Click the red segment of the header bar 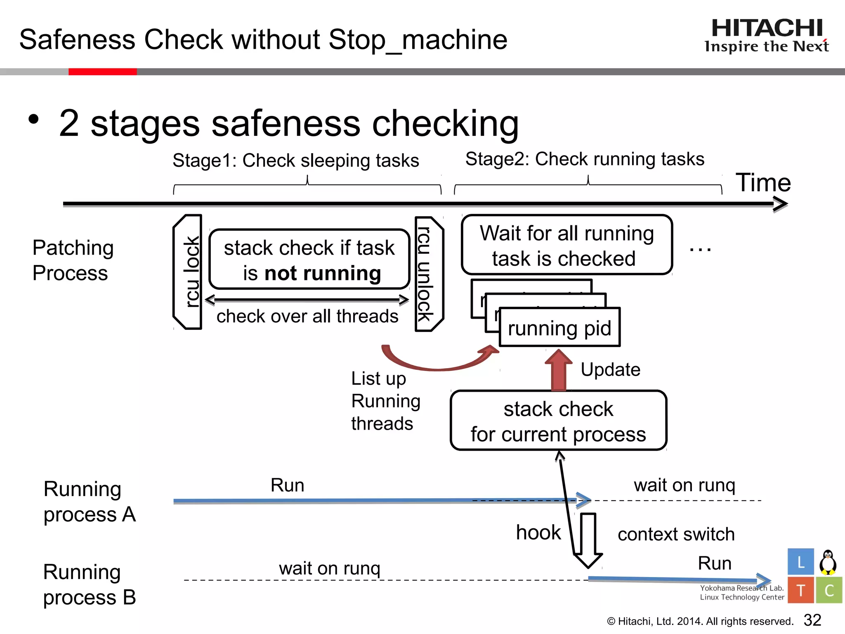(102, 72)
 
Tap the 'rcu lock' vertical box (188, 272)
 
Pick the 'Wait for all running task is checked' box (566, 245)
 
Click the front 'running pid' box (559, 328)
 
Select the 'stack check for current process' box (558, 421)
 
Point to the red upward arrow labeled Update (559, 370)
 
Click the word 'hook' (538, 532)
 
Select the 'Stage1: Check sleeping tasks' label (295, 161)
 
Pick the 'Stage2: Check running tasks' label (585, 159)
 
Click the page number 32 (812, 620)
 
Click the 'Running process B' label (90, 584)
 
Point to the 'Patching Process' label (73, 260)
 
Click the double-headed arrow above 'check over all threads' (307, 300)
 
